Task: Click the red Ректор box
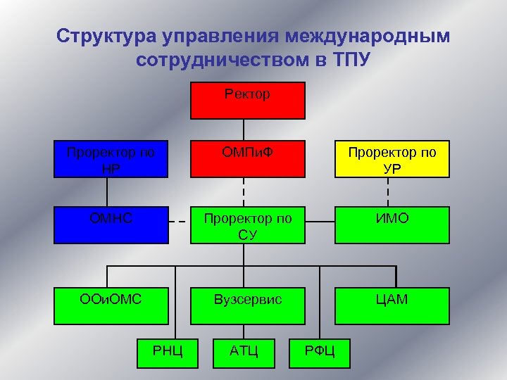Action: (x=248, y=100)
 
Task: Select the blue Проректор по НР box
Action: (x=112, y=158)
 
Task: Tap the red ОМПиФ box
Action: (x=248, y=158)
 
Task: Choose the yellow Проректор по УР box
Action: (x=392, y=158)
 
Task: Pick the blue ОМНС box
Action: (x=112, y=224)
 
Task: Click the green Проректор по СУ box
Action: (x=248, y=224)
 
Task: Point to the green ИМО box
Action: (x=392, y=224)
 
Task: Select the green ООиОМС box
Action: (x=112, y=305)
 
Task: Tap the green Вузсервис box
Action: (x=248, y=305)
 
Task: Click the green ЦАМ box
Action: (x=392, y=305)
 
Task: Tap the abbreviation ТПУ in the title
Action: (x=347, y=58)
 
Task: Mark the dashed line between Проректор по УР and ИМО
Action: (x=388, y=191)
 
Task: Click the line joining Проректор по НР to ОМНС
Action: (x=108, y=191)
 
